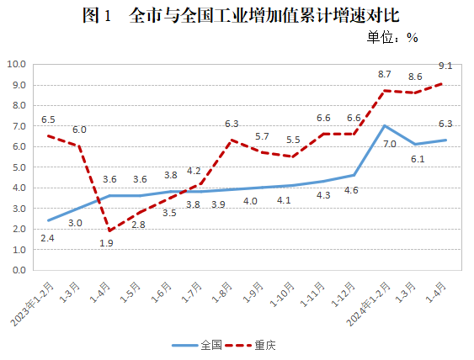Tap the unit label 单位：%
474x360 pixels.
click(392, 37)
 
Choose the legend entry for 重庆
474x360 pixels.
click(267, 345)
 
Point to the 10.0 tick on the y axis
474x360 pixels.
click(17, 64)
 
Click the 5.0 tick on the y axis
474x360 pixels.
click(19, 167)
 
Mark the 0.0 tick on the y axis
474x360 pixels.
click(19, 271)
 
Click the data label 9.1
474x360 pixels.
click(445, 66)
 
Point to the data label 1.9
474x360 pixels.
click(106, 243)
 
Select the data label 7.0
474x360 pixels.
click(390, 144)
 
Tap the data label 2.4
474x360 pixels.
click(47, 238)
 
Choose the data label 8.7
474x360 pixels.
click(385, 75)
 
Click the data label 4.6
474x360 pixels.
click(350, 190)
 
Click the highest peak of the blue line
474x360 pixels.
click(385, 126)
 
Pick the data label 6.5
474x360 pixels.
click(47, 119)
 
